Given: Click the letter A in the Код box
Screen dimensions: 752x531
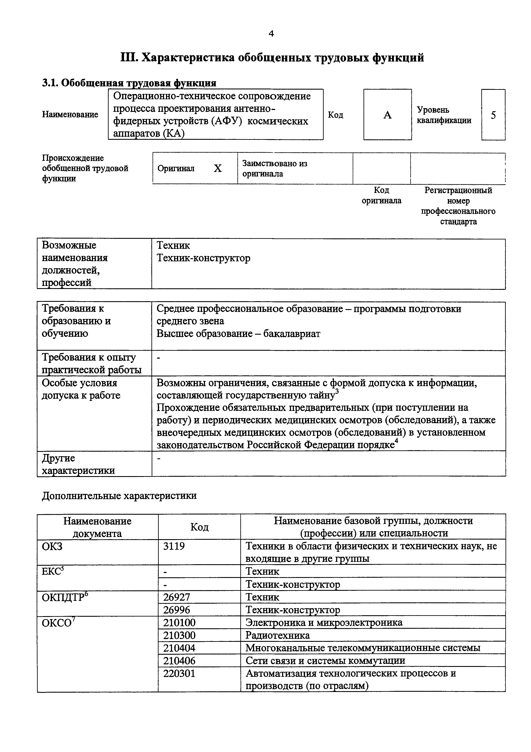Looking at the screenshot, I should [x=387, y=115].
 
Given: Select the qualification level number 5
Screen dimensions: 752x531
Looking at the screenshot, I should [x=493, y=115].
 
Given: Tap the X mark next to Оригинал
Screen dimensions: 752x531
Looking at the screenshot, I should [x=218, y=168].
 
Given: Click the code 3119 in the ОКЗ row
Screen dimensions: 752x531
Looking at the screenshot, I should [x=174, y=546].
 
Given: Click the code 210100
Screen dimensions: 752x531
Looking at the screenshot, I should [x=179, y=622].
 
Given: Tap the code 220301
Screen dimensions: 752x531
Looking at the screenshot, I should [x=179, y=673].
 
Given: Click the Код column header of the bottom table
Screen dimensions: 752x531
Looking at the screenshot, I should [x=199, y=527].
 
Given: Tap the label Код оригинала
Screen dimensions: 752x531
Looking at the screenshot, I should [x=381, y=195].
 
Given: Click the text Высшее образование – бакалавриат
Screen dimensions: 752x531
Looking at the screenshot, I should [x=238, y=334].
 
